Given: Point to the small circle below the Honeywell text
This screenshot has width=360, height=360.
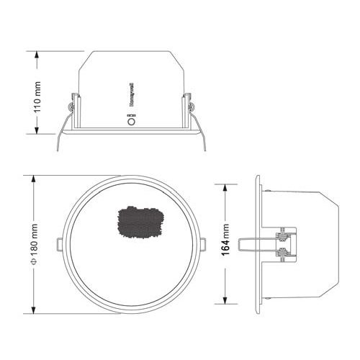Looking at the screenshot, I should point(132,121).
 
